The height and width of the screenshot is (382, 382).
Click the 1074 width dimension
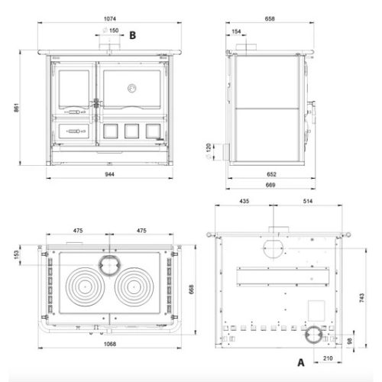coord(110,19)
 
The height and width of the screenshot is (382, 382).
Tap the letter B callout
coord(132,35)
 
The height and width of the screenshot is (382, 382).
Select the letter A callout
coord(301,362)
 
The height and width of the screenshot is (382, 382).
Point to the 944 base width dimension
coord(109,174)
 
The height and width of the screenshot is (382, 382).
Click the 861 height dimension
coord(16,108)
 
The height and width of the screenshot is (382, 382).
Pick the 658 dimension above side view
coord(270,19)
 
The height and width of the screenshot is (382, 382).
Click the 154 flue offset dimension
coord(236,31)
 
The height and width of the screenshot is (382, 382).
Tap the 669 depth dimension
coord(270,185)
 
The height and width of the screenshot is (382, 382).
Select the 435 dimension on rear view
coord(244,201)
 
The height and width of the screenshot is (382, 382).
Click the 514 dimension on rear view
coord(308,201)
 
